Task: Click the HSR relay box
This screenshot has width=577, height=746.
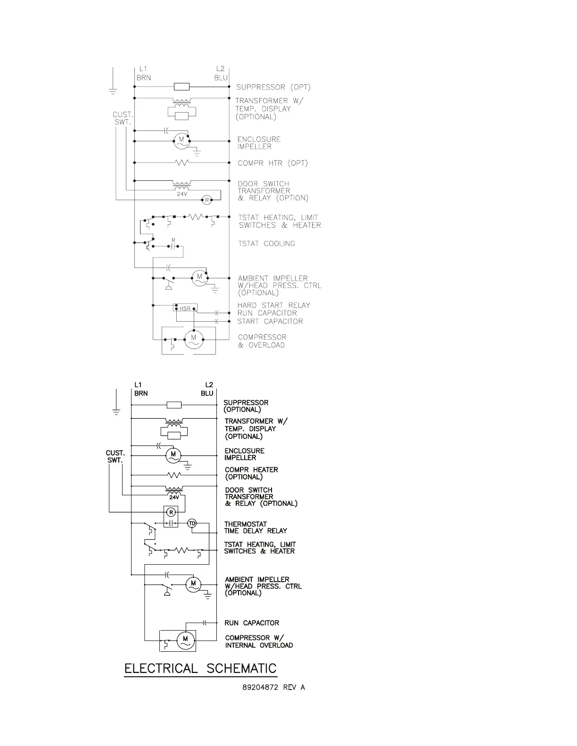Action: pos(185,308)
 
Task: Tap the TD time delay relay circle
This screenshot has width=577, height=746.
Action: pos(192,524)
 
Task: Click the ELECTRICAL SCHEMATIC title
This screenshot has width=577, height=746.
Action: pos(200,668)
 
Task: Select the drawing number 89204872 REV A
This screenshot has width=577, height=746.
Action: pos(273,687)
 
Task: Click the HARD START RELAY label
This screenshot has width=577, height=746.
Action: pos(274,305)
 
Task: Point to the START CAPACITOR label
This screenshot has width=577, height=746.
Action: pos(270,321)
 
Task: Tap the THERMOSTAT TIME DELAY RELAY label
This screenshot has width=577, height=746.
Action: pos(256,527)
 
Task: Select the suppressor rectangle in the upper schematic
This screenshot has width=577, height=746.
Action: pos(182,87)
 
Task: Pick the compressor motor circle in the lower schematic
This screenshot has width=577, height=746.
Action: pos(185,640)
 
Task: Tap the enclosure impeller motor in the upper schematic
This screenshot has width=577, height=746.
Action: pos(181,140)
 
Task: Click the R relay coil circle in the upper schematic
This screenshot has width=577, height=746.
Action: pos(206,200)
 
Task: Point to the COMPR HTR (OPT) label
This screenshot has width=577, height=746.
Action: pos(272,163)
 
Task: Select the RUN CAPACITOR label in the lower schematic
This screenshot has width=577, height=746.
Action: pos(252,623)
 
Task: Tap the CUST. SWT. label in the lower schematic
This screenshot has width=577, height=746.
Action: pos(115,456)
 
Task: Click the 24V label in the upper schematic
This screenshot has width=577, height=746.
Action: pos(182,194)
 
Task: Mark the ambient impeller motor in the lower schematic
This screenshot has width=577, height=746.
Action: pos(193,584)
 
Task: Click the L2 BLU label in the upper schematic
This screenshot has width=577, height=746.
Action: pos(221,73)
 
